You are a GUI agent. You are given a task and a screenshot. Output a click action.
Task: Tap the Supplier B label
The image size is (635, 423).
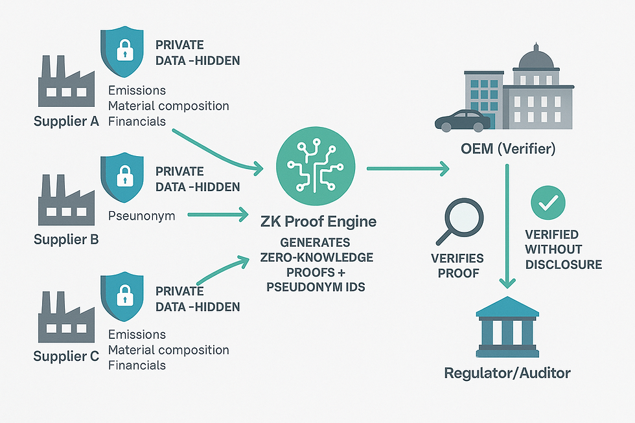pos(66,239)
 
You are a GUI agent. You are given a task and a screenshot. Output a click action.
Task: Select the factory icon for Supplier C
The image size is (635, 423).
pos(63,321)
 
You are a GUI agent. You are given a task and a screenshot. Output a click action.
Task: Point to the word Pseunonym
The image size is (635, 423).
pos(142,216)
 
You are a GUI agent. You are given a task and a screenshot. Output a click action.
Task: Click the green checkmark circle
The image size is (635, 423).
pos(544,203)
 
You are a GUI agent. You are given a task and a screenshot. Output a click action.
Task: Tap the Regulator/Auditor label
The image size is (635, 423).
pos(507,373)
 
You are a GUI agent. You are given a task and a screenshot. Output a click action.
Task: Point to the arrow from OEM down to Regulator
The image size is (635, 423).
pos(507,226)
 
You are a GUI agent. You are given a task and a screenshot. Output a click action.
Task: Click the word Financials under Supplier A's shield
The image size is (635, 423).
pos(137,120)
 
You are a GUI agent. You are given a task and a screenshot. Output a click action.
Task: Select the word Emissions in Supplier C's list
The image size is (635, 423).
pos(137,335)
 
